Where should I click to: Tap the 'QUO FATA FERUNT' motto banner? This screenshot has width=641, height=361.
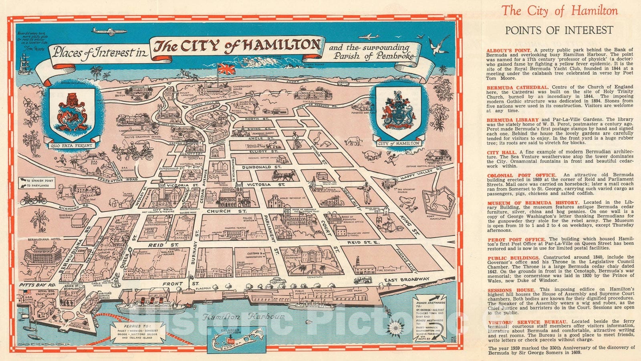click(x=71, y=145)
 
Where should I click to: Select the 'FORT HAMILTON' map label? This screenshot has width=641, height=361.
click(x=436, y=217)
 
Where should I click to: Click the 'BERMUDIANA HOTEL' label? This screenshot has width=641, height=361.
click(x=42, y=239)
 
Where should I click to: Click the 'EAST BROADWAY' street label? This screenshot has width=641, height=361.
click(x=406, y=280)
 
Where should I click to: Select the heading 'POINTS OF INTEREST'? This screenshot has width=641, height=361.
click(x=559, y=30)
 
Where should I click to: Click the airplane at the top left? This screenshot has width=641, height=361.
click(x=109, y=31)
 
